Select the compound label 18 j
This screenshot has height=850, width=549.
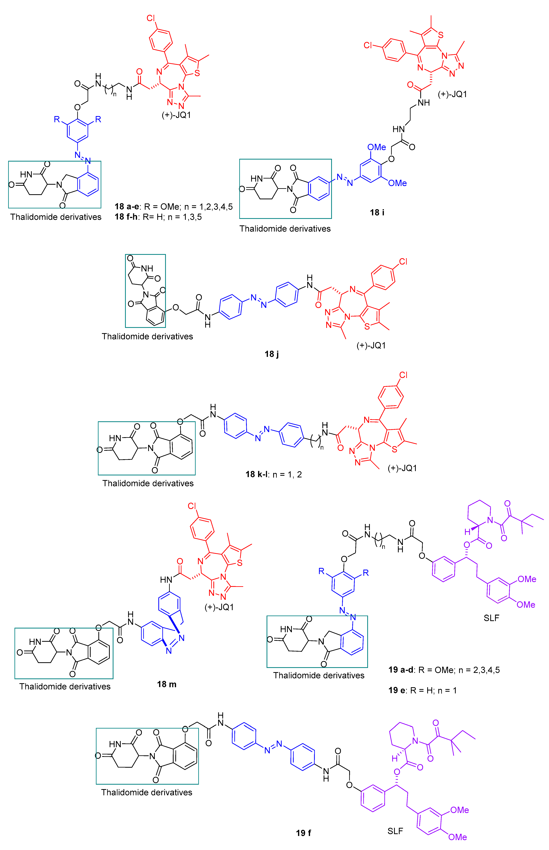click(x=272, y=354)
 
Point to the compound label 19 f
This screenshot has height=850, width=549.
click(x=303, y=833)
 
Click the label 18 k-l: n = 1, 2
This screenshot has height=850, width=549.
click(x=273, y=474)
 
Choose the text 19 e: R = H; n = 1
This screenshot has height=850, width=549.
click(x=422, y=690)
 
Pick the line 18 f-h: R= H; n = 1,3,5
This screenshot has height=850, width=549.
click(x=158, y=217)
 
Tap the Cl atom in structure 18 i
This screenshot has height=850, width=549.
click(x=368, y=45)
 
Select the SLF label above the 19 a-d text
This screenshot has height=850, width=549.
click(x=491, y=618)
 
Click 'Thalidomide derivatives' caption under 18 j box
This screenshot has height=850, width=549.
click(x=147, y=336)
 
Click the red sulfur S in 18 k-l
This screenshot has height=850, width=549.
click(x=394, y=449)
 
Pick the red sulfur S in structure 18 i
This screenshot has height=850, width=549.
click(x=441, y=35)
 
